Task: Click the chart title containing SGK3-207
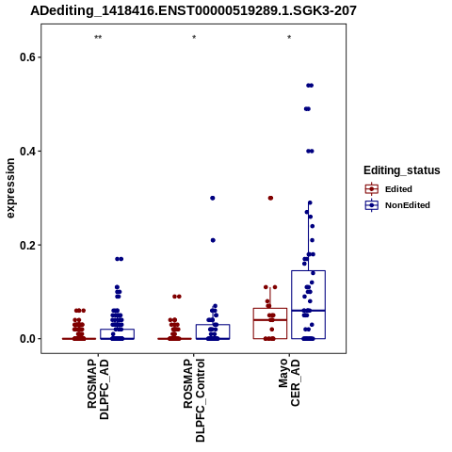(x=193, y=10)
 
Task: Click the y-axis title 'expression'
(x=10, y=188)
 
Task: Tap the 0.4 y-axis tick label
(x=28, y=151)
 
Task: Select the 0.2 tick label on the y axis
(x=28, y=245)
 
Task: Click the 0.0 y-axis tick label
(x=28, y=339)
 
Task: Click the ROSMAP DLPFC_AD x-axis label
(x=98, y=389)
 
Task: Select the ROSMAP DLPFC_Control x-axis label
(x=194, y=400)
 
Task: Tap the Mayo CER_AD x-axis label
(x=289, y=382)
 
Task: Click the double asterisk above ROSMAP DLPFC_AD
(x=98, y=38)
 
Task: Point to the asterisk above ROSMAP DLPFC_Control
(x=194, y=38)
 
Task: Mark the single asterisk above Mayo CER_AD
(x=289, y=38)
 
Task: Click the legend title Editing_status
(x=402, y=170)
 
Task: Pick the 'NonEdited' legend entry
(x=397, y=205)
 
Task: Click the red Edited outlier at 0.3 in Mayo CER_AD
(x=270, y=198)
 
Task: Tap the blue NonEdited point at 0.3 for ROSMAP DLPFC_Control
(x=213, y=198)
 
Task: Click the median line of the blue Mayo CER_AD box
(x=308, y=311)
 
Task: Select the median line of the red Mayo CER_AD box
(x=270, y=320)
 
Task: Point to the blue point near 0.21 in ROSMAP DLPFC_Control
(x=213, y=240)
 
